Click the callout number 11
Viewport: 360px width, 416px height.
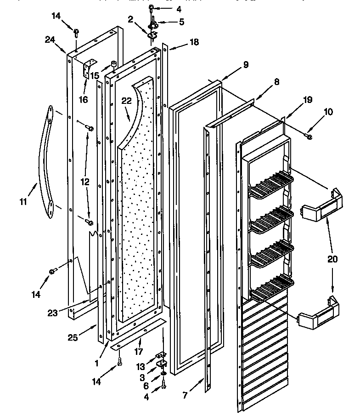[x=23, y=201]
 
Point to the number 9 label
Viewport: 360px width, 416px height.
[x=246, y=65]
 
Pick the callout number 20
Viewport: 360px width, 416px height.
[x=333, y=259]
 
